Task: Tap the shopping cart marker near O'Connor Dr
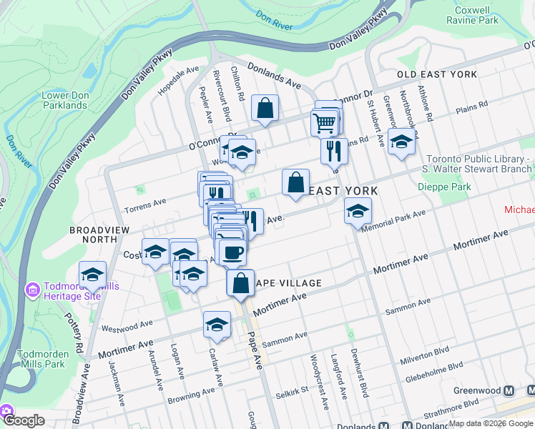[x=325, y=122]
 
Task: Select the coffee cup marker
[x=232, y=252]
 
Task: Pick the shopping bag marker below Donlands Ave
[x=265, y=109]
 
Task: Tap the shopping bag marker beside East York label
[x=295, y=182]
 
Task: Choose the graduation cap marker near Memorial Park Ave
[x=358, y=211]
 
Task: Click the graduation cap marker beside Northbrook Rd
[x=401, y=142]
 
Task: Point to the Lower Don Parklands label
[x=64, y=100]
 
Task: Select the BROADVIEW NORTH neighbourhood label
[x=99, y=235]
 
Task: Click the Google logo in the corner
[x=23, y=420]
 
